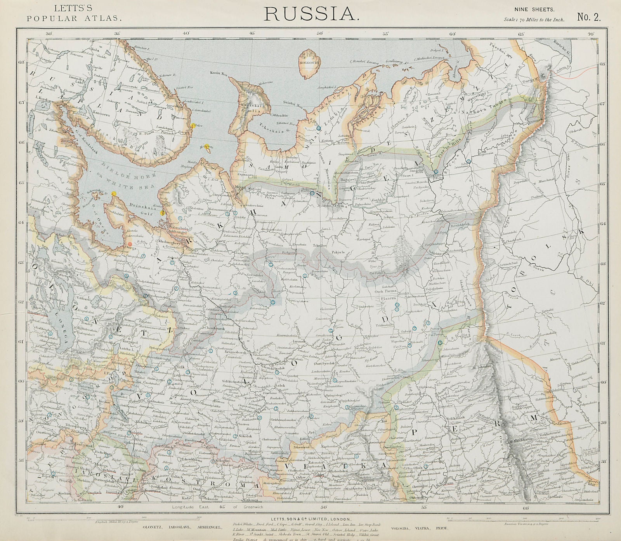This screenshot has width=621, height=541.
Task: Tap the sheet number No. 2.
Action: point(589,16)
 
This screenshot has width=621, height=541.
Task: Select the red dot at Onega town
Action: point(130,244)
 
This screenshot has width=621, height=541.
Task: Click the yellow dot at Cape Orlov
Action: point(193,125)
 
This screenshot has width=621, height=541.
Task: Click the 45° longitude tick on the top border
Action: point(252,33)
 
